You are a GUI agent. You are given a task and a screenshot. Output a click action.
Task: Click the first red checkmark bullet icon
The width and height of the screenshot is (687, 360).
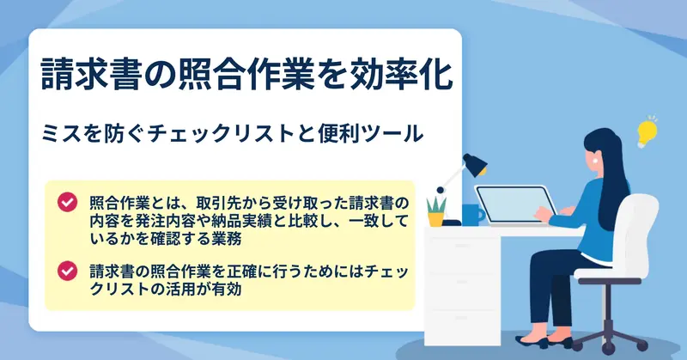coord(68,202)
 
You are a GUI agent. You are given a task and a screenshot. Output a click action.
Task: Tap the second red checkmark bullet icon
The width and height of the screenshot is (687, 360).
coord(68,271)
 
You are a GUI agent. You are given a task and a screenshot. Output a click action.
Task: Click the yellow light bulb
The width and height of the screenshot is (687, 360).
coord(647,132)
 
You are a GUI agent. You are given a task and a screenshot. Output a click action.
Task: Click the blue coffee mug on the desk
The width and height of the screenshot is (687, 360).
coord(472,215)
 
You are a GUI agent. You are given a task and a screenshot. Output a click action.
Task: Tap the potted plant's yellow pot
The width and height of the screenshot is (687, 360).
coord(436,219)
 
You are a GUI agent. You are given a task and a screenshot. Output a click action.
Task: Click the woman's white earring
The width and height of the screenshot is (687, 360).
coord(595,161)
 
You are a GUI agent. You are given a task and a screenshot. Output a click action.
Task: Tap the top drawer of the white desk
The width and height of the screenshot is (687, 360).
coord(463,246)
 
